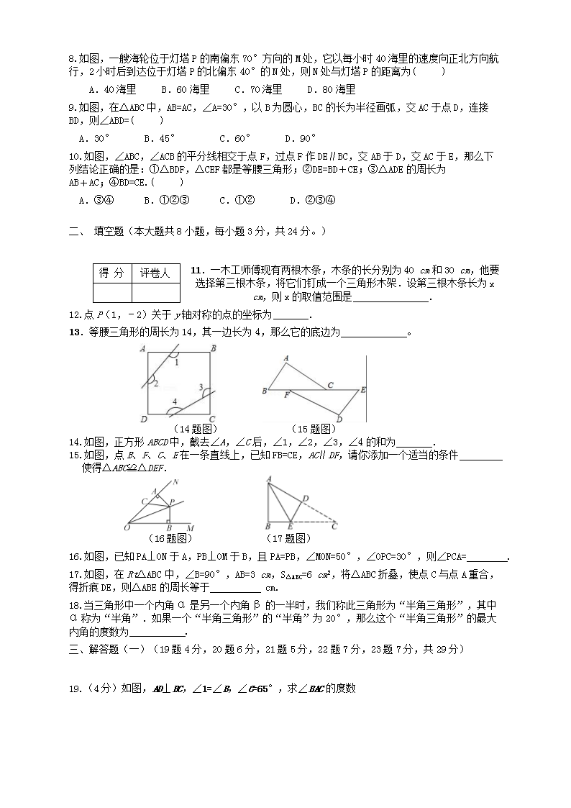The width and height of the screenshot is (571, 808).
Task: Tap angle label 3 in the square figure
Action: [x=201, y=386]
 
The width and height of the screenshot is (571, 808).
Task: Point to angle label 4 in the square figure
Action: [x=174, y=401]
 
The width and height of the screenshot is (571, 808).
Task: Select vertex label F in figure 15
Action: [x=287, y=395]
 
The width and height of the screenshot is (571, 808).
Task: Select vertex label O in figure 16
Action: [x=127, y=527]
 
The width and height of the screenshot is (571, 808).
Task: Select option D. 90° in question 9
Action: [x=301, y=138]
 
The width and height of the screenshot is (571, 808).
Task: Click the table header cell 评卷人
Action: [x=155, y=273]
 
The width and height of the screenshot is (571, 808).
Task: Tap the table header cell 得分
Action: [x=111, y=273]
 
